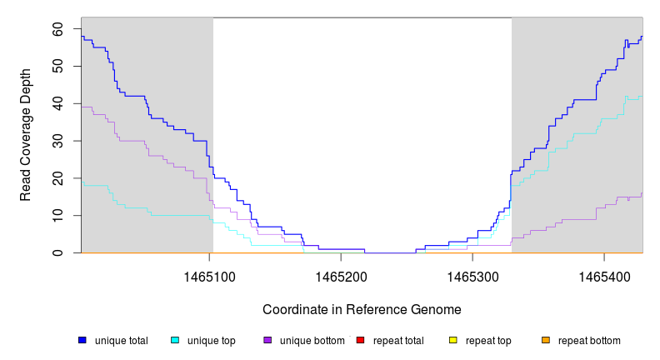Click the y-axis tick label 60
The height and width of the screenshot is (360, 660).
57,28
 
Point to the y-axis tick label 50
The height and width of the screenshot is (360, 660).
57,66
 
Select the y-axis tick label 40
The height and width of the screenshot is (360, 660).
57,103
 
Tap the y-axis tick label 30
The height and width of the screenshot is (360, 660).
57,141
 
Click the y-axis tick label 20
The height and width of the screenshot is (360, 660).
57,178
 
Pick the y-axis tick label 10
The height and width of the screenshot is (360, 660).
57,215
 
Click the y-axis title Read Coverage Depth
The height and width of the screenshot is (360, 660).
26,135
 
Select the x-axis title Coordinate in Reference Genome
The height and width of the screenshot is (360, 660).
362,309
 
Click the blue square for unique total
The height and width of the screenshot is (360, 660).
82,341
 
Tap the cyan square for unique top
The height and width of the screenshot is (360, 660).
175,341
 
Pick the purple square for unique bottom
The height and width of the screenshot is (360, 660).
267,341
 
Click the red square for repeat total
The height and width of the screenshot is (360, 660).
360,341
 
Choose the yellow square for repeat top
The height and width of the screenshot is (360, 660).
453,341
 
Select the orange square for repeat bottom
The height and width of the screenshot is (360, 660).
546,341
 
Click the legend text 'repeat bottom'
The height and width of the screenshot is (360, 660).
589,341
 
